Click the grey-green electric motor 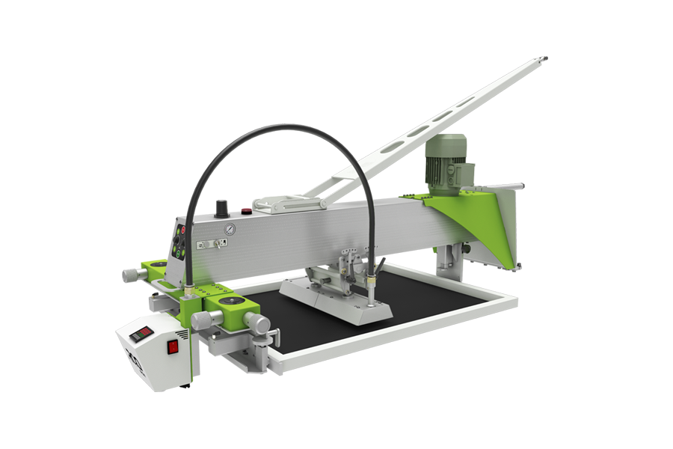point(446,164)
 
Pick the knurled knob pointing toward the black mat point(259,324)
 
